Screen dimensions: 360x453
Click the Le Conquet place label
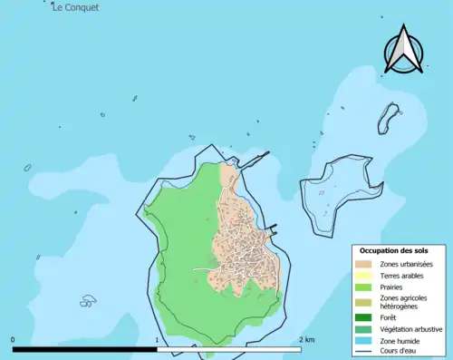[76, 7]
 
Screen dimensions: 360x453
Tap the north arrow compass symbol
[404, 51]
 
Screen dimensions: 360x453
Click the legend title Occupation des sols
[394, 250]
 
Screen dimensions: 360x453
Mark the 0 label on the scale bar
[13, 340]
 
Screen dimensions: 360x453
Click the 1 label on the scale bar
[158, 340]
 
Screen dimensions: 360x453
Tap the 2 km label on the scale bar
[306, 340]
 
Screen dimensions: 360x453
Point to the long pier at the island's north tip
[255, 160]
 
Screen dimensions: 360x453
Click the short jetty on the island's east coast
[273, 229]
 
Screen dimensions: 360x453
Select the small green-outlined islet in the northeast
[390, 115]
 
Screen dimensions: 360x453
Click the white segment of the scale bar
[230, 348]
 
